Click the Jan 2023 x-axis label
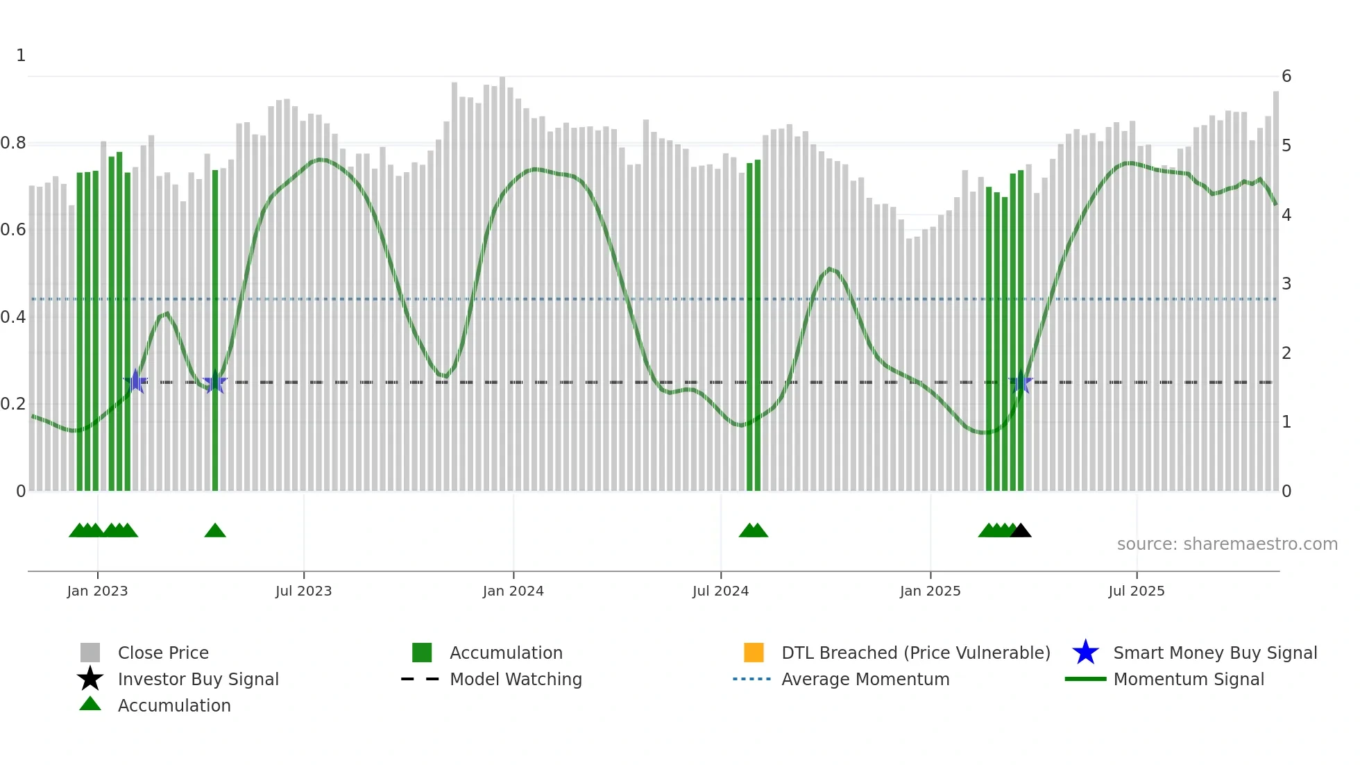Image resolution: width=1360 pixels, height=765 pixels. click(x=97, y=591)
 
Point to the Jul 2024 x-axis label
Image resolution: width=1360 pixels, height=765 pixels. click(x=720, y=591)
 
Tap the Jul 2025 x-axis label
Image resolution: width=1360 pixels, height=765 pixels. click(x=1136, y=591)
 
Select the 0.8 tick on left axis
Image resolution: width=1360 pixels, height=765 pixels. click(x=13, y=143)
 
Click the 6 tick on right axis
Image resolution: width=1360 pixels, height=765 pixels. click(x=1286, y=76)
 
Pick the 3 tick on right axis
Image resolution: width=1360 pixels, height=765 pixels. click(x=1286, y=284)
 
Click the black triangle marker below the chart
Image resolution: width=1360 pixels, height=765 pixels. click(x=1020, y=531)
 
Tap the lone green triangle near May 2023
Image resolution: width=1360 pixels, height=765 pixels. click(x=215, y=531)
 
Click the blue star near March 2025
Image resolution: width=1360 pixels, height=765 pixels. click(x=1020, y=382)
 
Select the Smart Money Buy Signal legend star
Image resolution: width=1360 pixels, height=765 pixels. click(x=1085, y=653)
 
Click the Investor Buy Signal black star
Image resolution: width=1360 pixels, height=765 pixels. click(x=90, y=679)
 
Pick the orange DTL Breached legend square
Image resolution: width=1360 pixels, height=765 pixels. click(x=754, y=653)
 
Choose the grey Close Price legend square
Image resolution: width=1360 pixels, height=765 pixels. click(x=90, y=653)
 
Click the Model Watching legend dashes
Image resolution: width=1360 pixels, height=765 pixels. click(x=420, y=679)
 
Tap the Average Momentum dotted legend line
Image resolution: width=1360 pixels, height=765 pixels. click(x=752, y=679)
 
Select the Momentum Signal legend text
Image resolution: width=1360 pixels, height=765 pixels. click(x=1188, y=679)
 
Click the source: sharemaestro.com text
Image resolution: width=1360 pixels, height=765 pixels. click(x=1227, y=544)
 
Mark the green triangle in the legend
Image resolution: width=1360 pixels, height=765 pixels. click(x=90, y=704)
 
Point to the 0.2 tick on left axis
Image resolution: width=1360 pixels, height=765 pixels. click(x=13, y=404)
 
